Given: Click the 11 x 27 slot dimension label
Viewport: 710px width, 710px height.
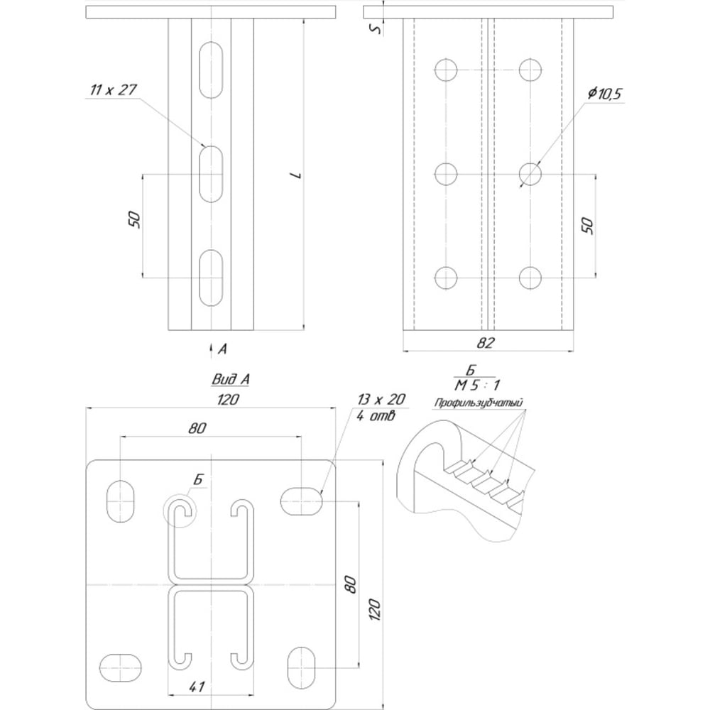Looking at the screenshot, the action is (x=113, y=89).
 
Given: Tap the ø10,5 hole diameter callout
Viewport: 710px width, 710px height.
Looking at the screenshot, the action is (x=605, y=94).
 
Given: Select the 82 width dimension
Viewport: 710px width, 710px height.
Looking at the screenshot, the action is (x=486, y=343).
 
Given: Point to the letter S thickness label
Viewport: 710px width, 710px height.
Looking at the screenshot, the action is (x=376, y=29).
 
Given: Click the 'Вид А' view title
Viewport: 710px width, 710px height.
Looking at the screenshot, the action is (x=231, y=379).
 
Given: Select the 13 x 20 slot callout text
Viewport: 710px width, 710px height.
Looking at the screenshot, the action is (x=381, y=400).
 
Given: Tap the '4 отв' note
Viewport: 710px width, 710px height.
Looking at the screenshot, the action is (x=376, y=415).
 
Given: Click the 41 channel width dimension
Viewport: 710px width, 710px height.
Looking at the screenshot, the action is (x=196, y=687).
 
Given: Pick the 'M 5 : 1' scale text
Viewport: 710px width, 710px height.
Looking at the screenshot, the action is (x=477, y=386).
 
